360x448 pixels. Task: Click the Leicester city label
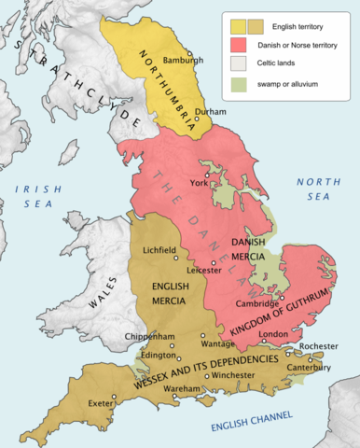coord(204,271)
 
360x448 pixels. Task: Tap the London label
coord(272,334)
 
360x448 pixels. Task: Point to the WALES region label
coord(102,294)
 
